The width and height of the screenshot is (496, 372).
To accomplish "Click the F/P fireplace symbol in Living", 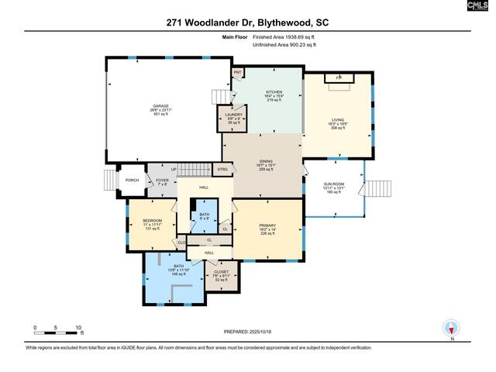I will [338, 78].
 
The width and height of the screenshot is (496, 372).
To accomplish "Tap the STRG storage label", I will [222, 168].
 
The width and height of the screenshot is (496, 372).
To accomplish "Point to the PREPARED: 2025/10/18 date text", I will [249, 332].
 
